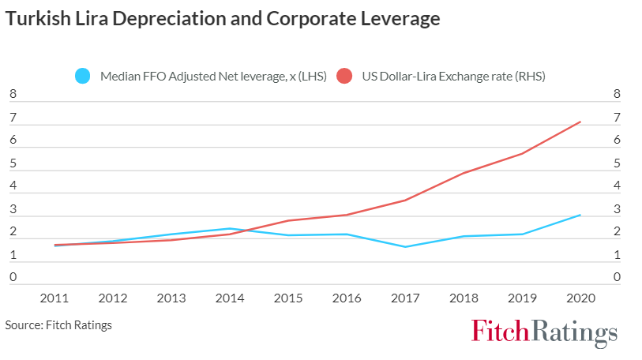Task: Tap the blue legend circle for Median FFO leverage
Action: click(83, 77)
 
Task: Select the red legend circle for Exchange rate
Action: click(344, 77)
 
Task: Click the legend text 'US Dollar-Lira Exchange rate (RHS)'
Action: click(453, 77)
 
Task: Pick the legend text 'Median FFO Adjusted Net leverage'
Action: click(208, 77)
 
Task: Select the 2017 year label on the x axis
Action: click(406, 299)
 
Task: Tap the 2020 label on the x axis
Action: click(580, 299)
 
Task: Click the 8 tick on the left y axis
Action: click(13, 96)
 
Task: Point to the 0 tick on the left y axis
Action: click(13, 278)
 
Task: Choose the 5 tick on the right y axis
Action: click(617, 164)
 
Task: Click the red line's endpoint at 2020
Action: click(580, 122)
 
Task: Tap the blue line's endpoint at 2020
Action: click(580, 215)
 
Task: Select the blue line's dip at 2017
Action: click(406, 247)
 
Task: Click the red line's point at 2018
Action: click(464, 173)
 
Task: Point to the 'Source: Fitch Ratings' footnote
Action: click(58, 325)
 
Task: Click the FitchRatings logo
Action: click(544, 332)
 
